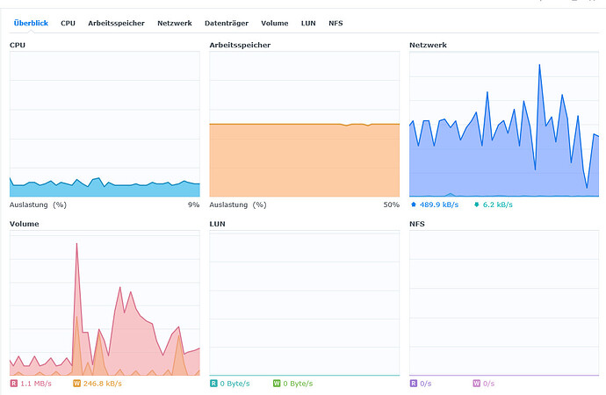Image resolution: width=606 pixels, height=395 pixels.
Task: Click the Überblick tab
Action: click(x=32, y=23)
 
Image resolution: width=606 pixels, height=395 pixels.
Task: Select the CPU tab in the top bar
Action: click(x=68, y=23)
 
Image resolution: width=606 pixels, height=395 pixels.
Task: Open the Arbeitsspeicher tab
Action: click(x=117, y=23)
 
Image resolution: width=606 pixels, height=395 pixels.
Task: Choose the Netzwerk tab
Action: click(x=175, y=23)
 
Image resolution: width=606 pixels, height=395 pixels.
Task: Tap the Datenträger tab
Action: click(x=227, y=23)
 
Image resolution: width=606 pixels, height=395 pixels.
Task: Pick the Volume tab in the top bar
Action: click(x=274, y=23)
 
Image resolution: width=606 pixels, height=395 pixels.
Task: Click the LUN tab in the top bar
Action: click(x=308, y=23)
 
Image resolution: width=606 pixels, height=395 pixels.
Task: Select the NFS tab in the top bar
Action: click(x=335, y=23)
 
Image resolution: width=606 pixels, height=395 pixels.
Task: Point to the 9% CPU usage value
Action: click(x=193, y=205)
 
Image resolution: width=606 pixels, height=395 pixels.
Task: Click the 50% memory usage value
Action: click(x=392, y=205)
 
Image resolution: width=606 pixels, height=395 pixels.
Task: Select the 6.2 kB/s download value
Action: click(x=497, y=205)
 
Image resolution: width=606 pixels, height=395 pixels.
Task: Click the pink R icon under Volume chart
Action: click(x=13, y=384)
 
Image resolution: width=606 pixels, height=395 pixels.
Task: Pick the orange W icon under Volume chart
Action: click(x=76, y=384)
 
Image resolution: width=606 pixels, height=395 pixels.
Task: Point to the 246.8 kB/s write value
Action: click(x=102, y=384)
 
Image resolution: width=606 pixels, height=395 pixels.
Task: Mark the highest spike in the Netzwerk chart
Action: click(x=539, y=64)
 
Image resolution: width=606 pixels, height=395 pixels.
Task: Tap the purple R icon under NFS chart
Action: click(x=414, y=384)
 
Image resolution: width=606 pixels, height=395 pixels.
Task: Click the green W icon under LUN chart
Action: click(x=277, y=384)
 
